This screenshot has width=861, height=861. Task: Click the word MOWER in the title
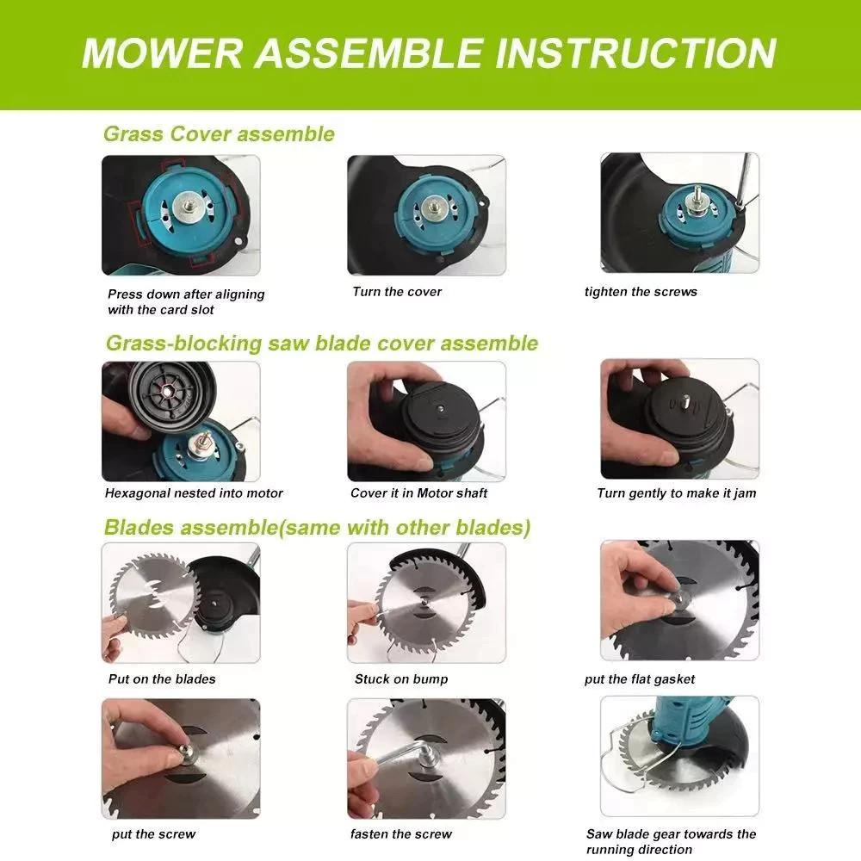point(162,53)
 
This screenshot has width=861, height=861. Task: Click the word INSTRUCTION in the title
point(636,53)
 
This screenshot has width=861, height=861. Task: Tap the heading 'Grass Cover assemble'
point(219,134)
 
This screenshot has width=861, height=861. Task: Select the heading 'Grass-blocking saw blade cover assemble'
point(322,344)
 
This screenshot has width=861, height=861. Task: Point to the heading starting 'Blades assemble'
point(318,527)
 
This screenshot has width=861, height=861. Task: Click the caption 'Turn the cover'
point(397,292)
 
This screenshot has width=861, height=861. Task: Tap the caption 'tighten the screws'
point(641,292)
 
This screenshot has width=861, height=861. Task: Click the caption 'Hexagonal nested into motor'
point(194,493)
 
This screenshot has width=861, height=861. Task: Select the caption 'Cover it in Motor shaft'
point(418,493)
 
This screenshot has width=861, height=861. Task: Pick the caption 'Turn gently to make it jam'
point(677,493)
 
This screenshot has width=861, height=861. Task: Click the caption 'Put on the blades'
point(162,679)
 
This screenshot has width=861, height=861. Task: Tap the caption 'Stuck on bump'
point(401,679)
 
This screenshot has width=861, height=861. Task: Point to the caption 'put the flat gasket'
point(640,679)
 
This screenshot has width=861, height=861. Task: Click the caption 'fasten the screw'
point(401,834)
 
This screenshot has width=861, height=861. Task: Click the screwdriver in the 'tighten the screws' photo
point(745,181)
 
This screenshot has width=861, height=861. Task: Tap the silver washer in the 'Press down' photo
point(189,207)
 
